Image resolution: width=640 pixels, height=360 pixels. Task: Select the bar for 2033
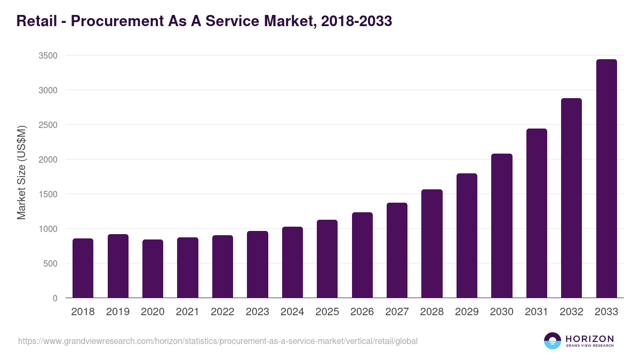coord(606,179)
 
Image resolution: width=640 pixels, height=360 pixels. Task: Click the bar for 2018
coord(83,268)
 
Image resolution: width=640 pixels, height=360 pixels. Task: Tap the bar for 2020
coord(153,269)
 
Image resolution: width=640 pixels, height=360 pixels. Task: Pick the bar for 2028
coord(431,244)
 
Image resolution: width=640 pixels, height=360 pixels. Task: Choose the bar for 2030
coord(501,226)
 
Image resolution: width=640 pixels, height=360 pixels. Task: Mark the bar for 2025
coord(327,259)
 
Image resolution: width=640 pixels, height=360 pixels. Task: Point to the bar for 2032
coord(571,198)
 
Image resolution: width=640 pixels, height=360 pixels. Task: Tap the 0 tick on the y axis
coord(55,298)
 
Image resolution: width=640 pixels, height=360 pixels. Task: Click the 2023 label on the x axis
coord(257,312)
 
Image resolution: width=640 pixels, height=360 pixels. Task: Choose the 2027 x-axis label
coord(397,312)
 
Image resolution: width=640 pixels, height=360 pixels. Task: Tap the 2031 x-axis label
coord(536,312)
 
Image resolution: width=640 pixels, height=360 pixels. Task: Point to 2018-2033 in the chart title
coord(357,21)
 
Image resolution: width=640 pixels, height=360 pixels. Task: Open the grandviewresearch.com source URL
coord(218,341)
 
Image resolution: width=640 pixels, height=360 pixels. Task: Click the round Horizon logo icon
coord(552,341)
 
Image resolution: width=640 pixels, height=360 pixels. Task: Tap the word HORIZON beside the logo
coord(589,338)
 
